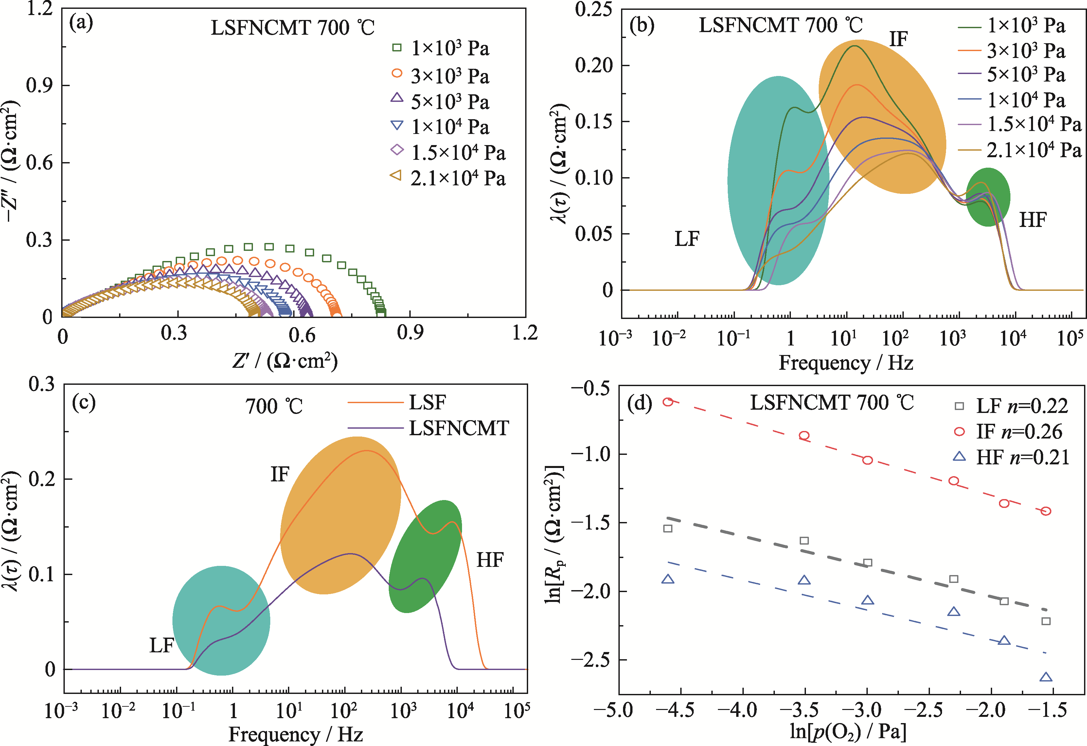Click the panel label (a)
point(81,23)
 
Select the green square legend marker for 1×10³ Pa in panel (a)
point(397,48)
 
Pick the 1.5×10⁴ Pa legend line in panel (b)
point(969,124)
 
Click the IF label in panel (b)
point(898,39)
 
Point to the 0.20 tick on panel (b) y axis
point(594,65)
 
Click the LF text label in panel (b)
point(686,239)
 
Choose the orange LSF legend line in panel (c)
point(375,402)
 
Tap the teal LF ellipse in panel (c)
point(221,620)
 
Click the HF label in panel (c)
point(490,560)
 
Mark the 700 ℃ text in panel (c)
point(274,406)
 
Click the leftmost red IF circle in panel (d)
point(668,401)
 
